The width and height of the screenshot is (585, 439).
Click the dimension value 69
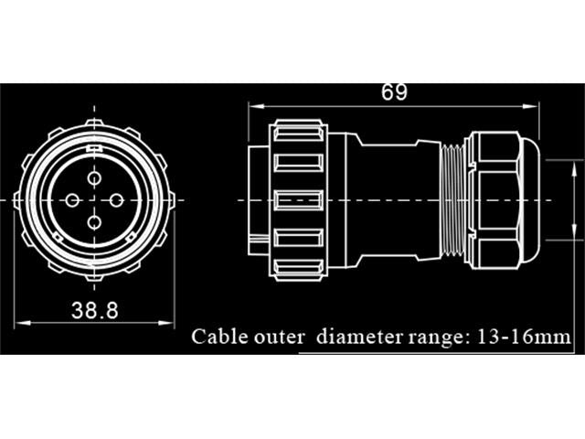395,92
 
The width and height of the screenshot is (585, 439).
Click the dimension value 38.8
95,310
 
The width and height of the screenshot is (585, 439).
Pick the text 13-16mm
524,337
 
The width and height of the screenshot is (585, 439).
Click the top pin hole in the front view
94,178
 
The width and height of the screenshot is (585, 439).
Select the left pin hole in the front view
73,198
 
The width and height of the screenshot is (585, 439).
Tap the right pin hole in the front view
116,198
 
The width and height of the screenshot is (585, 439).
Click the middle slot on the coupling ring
299,199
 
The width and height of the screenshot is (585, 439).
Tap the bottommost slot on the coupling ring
299,269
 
